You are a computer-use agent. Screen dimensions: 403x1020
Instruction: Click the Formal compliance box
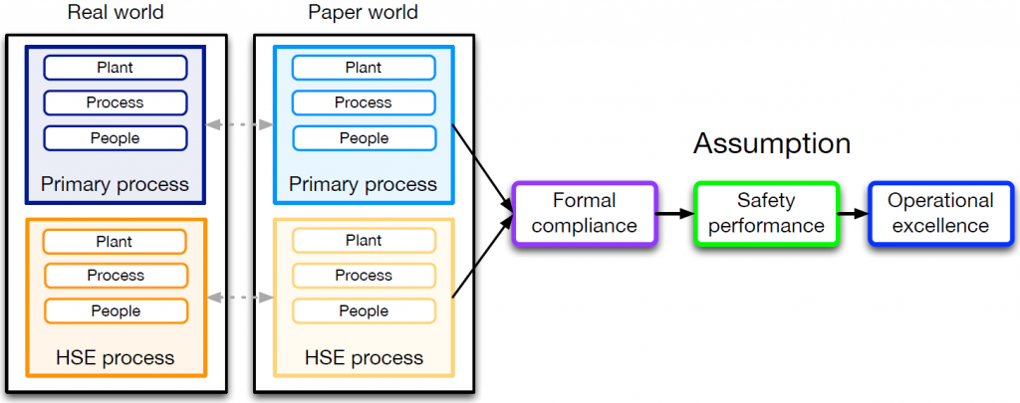click(584, 213)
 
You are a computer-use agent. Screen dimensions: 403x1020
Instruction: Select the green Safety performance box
click(766, 213)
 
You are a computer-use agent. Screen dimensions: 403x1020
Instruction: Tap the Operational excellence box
click(940, 213)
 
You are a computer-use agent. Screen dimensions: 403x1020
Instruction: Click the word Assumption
click(772, 143)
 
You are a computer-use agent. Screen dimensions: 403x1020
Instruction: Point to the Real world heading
click(115, 13)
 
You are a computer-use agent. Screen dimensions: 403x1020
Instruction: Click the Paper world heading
click(363, 13)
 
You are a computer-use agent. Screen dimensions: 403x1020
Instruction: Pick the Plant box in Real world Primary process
click(116, 68)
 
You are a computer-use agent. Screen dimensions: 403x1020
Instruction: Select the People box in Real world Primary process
click(116, 137)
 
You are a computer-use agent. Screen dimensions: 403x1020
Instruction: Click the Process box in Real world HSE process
click(116, 275)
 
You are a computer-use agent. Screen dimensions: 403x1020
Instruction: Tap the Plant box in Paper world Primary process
click(364, 68)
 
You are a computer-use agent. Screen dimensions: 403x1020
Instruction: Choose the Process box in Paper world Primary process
click(364, 102)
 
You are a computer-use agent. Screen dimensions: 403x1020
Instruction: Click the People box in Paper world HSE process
click(364, 311)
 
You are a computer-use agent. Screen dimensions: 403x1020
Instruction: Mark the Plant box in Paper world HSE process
click(364, 240)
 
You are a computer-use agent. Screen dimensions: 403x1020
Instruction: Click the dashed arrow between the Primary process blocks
click(238, 125)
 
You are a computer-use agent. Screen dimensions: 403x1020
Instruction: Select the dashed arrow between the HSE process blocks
click(238, 297)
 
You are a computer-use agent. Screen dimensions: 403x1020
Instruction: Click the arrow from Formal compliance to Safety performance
click(674, 213)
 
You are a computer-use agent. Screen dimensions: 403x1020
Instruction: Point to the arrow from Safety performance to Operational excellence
click(853, 213)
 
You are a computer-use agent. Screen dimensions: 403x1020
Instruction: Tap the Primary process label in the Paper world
click(364, 184)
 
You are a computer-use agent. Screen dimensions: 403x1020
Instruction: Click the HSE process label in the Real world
click(116, 357)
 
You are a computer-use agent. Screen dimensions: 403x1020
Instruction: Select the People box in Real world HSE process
click(116, 311)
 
